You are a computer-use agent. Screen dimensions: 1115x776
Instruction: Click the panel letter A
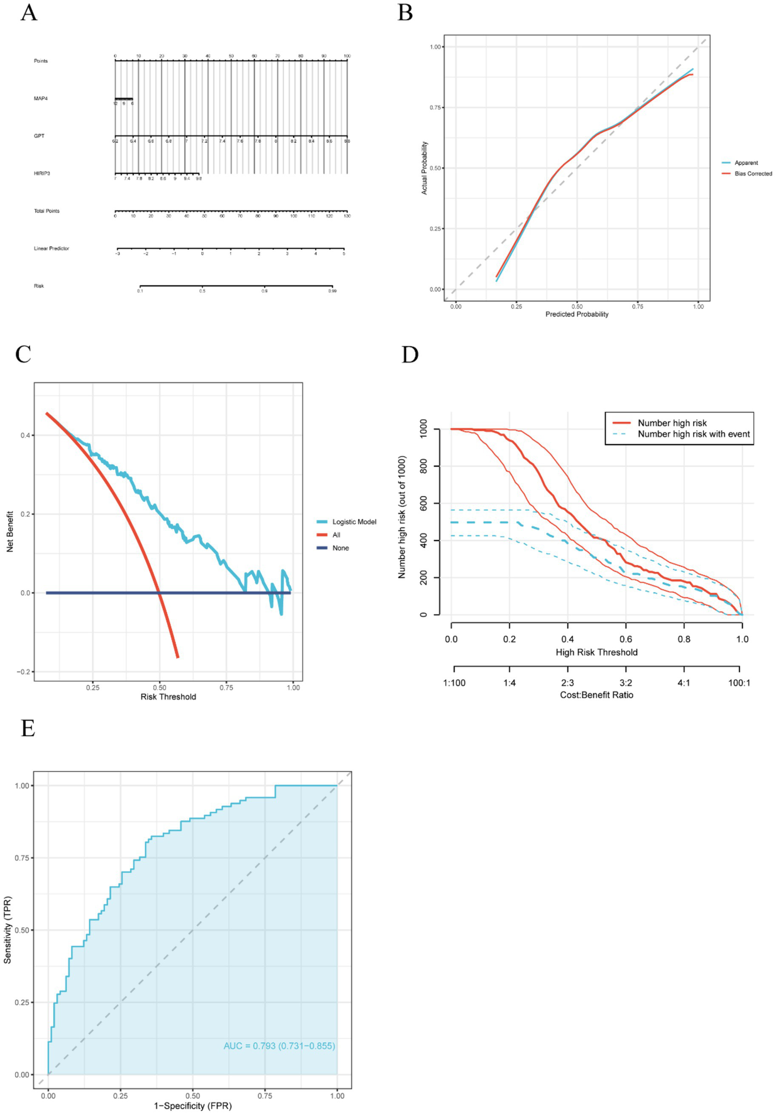coord(29,13)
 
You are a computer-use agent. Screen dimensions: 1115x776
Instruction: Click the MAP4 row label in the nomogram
coord(40,99)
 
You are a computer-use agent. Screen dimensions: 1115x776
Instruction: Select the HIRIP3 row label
coord(42,173)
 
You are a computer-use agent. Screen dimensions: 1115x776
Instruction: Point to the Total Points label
coord(47,211)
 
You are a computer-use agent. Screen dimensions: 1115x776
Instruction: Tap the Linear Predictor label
coord(51,248)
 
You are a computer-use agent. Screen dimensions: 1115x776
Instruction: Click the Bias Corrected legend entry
coord(753,174)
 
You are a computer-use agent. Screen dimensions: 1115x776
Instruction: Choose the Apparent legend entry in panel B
coord(746,163)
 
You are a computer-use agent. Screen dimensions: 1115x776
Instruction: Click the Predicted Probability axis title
coord(576,315)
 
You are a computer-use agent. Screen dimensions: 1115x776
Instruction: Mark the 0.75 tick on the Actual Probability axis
coord(435,108)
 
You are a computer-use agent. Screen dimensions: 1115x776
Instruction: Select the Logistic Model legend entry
coord(354,522)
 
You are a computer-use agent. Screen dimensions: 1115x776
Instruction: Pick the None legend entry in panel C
coord(340,548)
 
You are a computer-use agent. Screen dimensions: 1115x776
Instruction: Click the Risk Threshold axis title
coord(168,697)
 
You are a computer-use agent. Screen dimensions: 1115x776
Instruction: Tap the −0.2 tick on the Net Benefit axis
coord(23,672)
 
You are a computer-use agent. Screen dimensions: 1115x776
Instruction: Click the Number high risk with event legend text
coord(693,434)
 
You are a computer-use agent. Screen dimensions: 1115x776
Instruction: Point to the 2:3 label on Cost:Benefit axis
coord(567,683)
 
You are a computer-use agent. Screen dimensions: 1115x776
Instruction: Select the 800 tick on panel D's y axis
coord(424,466)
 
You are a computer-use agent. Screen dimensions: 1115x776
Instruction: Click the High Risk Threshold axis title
coord(596,652)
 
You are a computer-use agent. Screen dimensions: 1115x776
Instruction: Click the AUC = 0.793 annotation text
coord(279,1046)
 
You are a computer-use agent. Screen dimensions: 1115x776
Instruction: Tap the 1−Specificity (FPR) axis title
coord(193,1106)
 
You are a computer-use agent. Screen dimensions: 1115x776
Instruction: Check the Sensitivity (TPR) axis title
coord(8,930)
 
